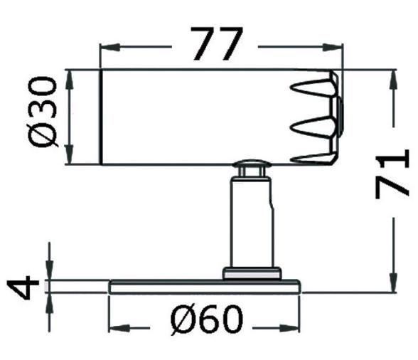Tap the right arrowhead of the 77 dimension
335,48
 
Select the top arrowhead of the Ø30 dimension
70,77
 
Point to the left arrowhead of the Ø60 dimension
115,328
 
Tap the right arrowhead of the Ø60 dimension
296,328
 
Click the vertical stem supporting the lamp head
250,221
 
